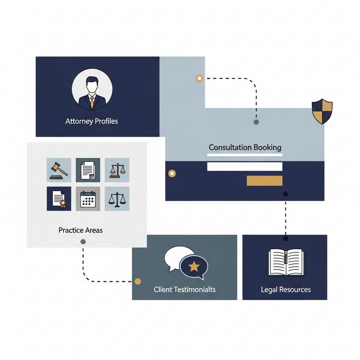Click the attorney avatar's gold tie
(92, 102)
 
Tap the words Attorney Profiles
(92, 121)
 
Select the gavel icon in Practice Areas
(59, 170)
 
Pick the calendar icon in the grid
(88, 198)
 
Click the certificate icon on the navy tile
(59, 198)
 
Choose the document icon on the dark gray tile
(88, 170)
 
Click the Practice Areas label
(81, 230)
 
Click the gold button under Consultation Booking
(265, 181)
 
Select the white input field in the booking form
(244, 166)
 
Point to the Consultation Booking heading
(245, 147)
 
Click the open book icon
(285, 263)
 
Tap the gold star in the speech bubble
(194, 267)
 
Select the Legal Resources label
(286, 289)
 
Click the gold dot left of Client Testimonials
(138, 281)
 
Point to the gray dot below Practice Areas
(83, 242)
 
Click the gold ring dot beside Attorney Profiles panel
(199, 78)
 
